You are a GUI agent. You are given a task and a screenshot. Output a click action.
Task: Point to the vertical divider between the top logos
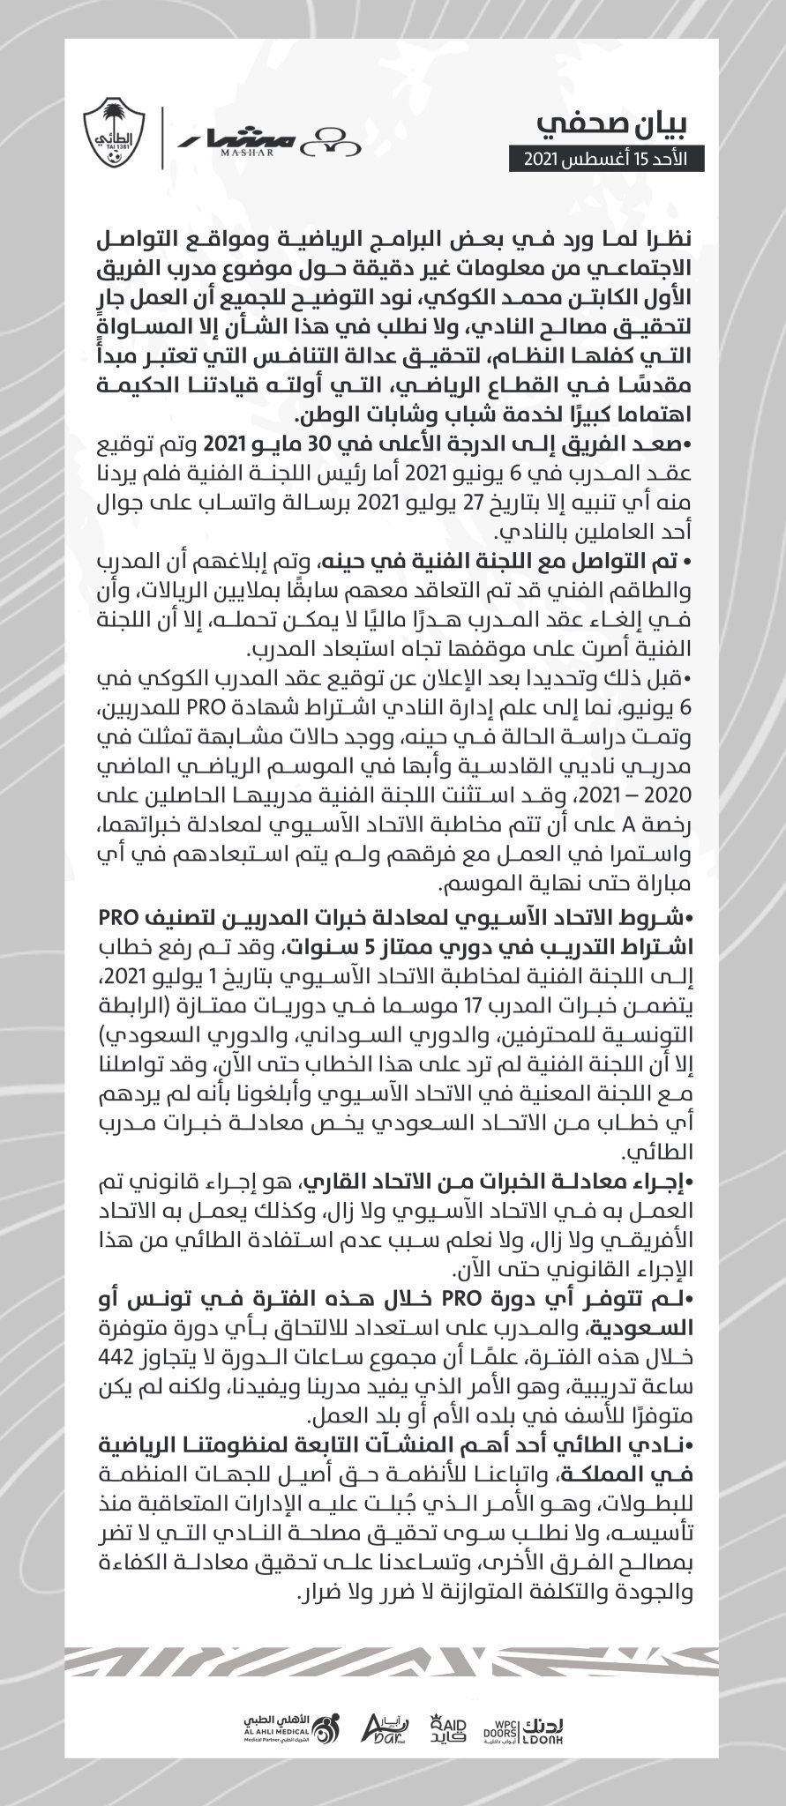pyautogui.click(x=162, y=137)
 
